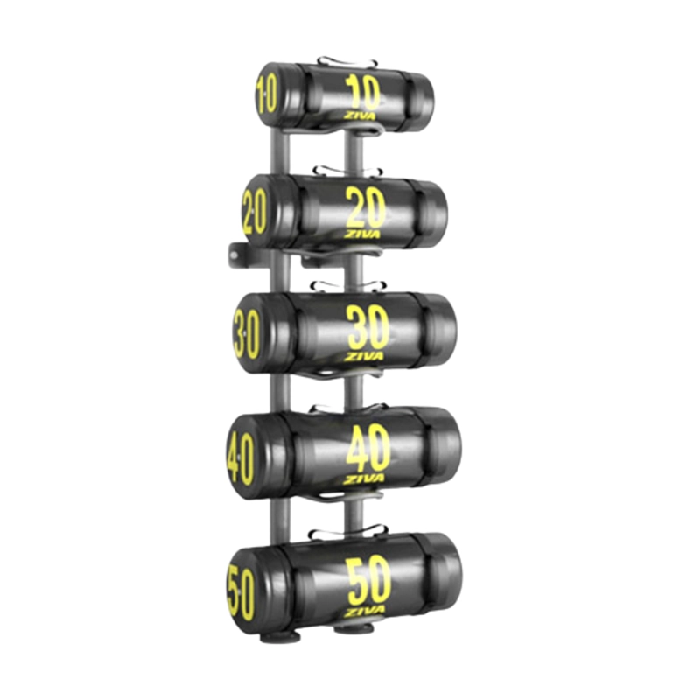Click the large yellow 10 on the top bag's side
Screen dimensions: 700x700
[x=363, y=93]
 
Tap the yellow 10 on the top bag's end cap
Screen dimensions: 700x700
[x=266, y=94]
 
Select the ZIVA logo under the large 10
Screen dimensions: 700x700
[x=360, y=115]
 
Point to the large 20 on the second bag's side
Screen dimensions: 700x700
[x=366, y=207]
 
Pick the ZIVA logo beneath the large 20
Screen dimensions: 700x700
[x=361, y=234]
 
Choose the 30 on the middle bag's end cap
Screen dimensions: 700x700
[x=247, y=334]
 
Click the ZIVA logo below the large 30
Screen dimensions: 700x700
[x=363, y=356]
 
